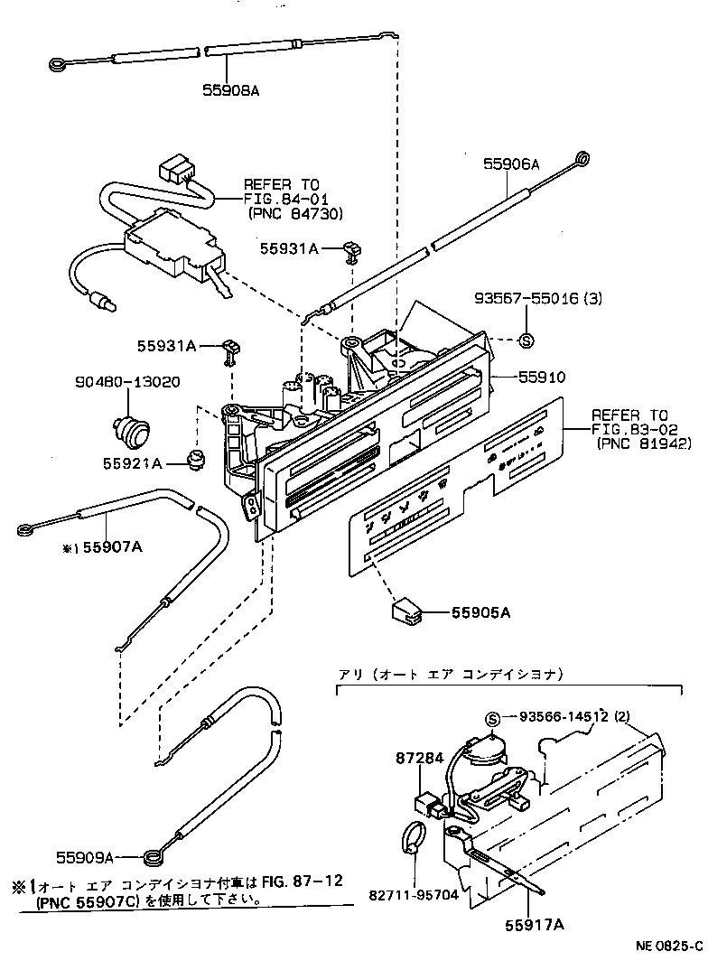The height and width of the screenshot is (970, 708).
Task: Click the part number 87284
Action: (419, 760)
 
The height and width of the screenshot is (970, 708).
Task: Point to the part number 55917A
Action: (527, 925)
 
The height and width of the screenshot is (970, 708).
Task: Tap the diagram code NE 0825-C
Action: (668, 947)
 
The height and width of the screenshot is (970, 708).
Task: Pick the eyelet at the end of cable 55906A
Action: (583, 160)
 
